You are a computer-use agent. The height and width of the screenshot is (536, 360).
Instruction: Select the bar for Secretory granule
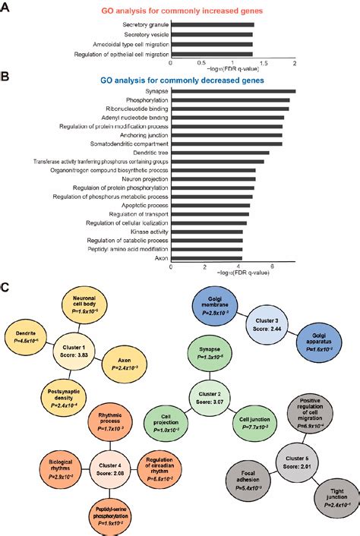[x=213, y=25]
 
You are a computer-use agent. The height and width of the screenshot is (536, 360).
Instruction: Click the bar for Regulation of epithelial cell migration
[x=213, y=54]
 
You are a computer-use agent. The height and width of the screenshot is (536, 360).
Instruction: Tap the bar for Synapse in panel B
[x=233, y=91]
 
